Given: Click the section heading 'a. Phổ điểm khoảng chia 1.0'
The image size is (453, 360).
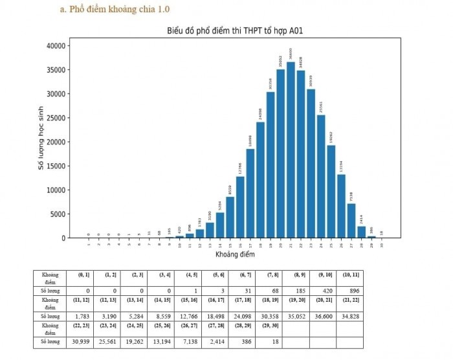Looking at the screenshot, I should click(120, 9).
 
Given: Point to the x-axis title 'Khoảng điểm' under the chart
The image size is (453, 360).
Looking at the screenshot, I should click(235, 254).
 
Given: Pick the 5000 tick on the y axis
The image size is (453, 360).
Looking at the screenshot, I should click(56, 214).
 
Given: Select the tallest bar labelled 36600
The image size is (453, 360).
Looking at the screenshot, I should click(291, 150).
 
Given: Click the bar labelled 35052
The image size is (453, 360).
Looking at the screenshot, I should click(280, 153).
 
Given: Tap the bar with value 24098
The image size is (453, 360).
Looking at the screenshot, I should click(260, 180).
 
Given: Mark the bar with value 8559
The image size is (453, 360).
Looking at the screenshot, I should click(230, 217).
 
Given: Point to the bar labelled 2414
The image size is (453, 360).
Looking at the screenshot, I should click(361, 232).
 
